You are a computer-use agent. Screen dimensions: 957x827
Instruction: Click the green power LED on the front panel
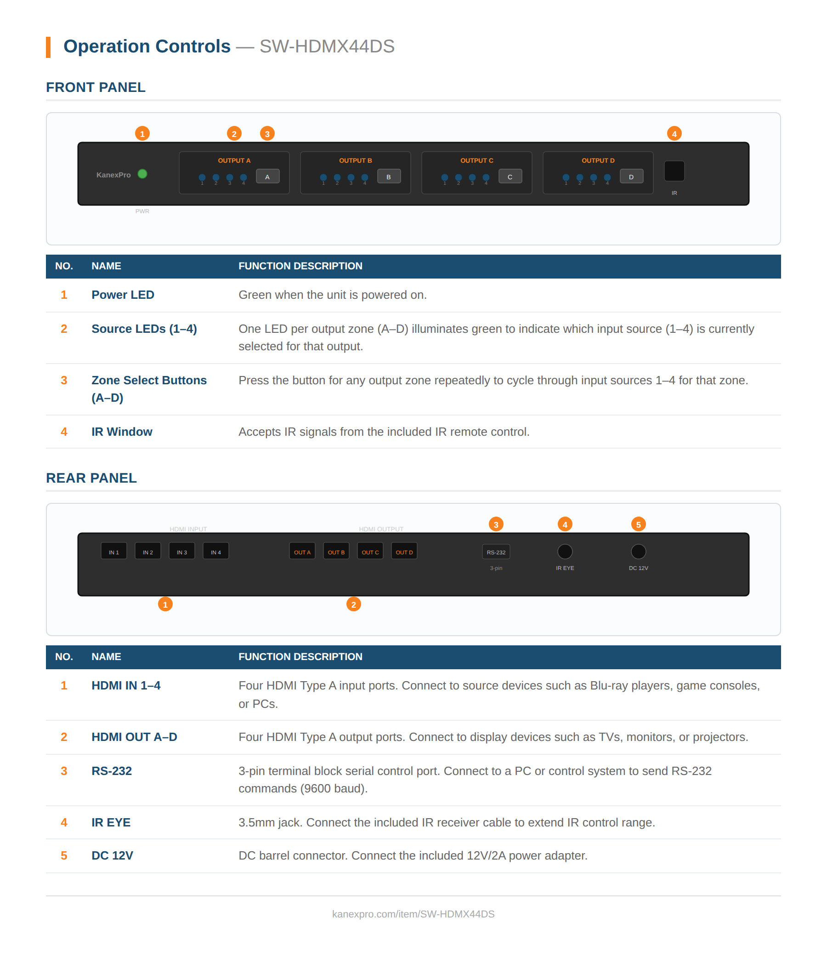click(142, 174)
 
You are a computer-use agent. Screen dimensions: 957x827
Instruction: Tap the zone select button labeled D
click(631, 177)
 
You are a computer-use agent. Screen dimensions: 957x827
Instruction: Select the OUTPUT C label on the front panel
click(476, 161)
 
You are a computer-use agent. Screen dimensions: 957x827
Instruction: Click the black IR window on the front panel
click(674, 171)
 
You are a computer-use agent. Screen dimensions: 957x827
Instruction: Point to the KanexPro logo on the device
click(113, 175)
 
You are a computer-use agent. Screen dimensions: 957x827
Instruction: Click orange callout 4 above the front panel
click(674, 134)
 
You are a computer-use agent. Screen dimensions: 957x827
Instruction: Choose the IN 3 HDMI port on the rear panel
click(182, 552)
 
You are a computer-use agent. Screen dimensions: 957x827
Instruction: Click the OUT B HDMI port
click(336, 552)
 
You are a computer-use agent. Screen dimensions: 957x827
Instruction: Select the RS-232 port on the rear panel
click(496, 552)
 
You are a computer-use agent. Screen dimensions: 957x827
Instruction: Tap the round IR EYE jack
click(565, 552)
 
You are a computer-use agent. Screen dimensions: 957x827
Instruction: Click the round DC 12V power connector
click(638, 552)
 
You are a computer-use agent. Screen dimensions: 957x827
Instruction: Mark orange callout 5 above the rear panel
click(638, 524)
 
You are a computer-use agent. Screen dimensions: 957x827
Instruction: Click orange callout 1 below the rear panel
click(165, 604)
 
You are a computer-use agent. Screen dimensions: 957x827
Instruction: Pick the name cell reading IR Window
click(122, 432)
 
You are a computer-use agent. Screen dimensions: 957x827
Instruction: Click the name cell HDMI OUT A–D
click(134, 737)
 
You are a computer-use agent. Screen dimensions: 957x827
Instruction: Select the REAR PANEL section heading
click(91, 478)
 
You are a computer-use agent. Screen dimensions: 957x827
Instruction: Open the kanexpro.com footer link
click(413, 914)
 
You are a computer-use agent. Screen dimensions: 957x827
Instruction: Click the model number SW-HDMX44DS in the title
click(327, 46)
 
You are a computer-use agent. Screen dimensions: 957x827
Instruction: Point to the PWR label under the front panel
click(142, 211)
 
